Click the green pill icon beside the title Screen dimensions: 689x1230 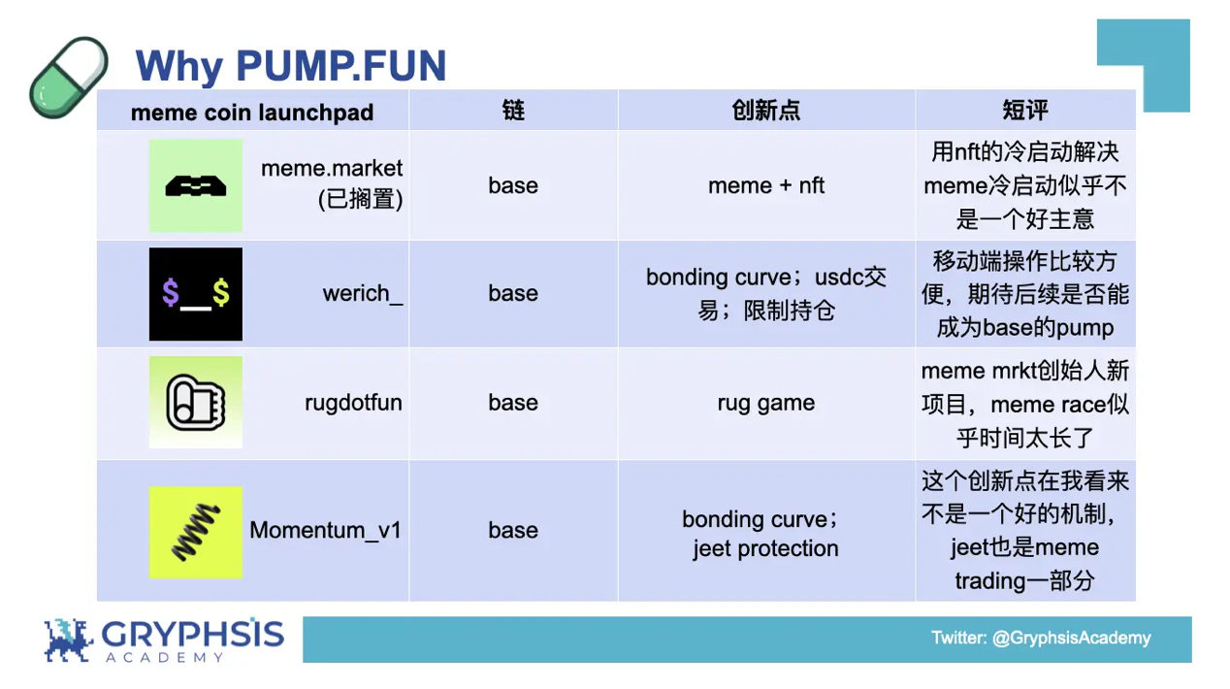click(x=69, y=77)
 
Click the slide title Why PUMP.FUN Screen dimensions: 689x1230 click(x=291, y=66)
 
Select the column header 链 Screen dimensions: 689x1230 click(x=513, y=111)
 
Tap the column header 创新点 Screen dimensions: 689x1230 click(x=765, y=111)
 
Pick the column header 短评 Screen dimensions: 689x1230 click(x=1024, y=111)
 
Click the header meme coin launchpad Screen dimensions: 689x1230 click(x=252, y=113)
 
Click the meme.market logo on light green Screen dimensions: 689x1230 click(x=196, y=185)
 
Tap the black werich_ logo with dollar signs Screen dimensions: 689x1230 click(x=196, y=294)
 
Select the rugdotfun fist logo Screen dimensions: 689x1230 click(x=196, y=403)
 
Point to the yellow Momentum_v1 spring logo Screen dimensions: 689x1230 click(x=196, y=532)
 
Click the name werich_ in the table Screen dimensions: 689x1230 click(x=363, y=294)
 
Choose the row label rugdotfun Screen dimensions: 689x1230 click(x=353, y=403)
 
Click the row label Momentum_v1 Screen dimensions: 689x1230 click(x=326, y=530)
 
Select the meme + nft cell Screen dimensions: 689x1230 click(x=765, y=185)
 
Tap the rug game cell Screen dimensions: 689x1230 click(x=765, y=403)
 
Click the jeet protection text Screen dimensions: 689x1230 click(x=765, y=548)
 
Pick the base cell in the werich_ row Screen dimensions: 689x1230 click(x=513, y=294)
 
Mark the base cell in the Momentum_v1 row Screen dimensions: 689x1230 click(x=513, y=530)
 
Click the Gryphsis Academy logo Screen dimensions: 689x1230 click(x=163, y=640)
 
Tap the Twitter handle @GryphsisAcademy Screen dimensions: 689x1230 click(x=1041, y=638)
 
